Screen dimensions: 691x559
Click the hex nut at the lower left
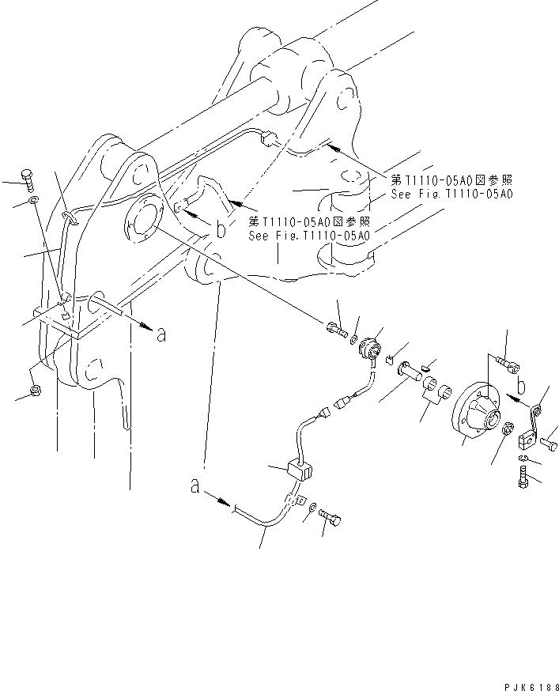click(x=36, y=391)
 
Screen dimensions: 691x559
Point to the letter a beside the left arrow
click(x=161, y=334)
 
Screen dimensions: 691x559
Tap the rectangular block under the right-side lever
click(x=527, y=438)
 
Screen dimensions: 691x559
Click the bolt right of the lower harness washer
click(x=331, y=518)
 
